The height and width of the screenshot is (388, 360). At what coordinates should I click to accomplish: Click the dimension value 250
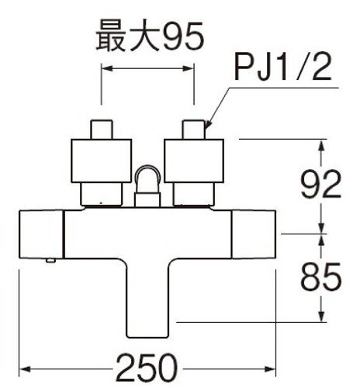pos(147,368)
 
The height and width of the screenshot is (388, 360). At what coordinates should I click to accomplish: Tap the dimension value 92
pos(320,184)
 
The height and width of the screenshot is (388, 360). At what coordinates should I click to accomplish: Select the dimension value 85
pos(320,277)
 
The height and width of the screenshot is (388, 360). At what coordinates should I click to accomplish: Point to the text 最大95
pos(151,36)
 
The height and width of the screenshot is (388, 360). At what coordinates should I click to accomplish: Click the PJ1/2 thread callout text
pos(282,67)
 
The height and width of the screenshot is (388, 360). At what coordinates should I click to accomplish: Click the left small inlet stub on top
pos(102,130)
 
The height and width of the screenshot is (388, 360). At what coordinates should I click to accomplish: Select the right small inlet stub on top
pos(194,130)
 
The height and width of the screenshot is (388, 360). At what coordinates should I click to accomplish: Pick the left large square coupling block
pos(102,161)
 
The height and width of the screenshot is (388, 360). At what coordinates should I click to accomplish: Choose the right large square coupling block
pos(194,161)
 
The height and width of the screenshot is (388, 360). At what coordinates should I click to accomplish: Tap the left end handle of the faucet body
pos(41,234)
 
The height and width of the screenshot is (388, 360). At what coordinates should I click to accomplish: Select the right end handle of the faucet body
pos(254,234)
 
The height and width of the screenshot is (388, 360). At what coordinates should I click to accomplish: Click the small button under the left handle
pos(50,261)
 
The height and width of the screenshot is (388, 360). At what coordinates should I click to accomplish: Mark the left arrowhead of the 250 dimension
pos(25,369)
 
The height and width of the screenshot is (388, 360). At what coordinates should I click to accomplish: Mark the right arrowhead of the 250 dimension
pos(271,369)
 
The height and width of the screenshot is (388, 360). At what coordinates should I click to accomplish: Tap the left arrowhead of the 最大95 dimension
pos(107,68)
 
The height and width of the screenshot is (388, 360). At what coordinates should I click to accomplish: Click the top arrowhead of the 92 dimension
pos(321,145)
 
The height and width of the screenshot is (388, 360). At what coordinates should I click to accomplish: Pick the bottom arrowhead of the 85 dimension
pos(321,317)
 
